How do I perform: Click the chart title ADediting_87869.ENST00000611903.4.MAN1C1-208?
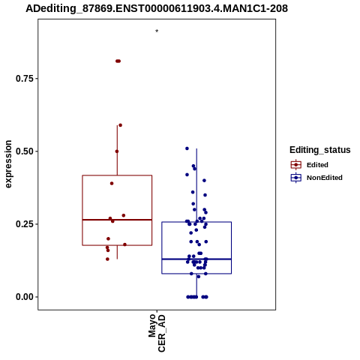(157, 8)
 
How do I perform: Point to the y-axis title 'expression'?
(8, 164)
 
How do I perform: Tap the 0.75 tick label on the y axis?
(24, 79)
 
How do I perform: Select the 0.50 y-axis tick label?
(24, 151)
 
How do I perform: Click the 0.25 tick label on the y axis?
(24, 224)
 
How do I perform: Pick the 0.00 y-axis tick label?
(24, 297)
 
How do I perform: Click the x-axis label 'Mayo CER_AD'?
(157, 333)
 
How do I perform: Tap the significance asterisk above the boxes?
(157, 31)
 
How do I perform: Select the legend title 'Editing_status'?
(320, 150)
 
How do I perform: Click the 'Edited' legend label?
(317, 165)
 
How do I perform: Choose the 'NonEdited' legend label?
(325, 178)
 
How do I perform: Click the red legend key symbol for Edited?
(296, 165)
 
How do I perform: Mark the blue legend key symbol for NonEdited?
(296, 178)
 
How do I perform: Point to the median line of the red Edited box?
(117, 220)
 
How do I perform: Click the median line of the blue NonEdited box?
(196, 259)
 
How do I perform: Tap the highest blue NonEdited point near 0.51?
(187, 148)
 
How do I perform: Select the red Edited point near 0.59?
(120, 125)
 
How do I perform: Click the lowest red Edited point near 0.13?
(107, 259)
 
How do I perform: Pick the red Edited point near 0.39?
(112, 184)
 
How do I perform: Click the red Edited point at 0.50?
(117, 151)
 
